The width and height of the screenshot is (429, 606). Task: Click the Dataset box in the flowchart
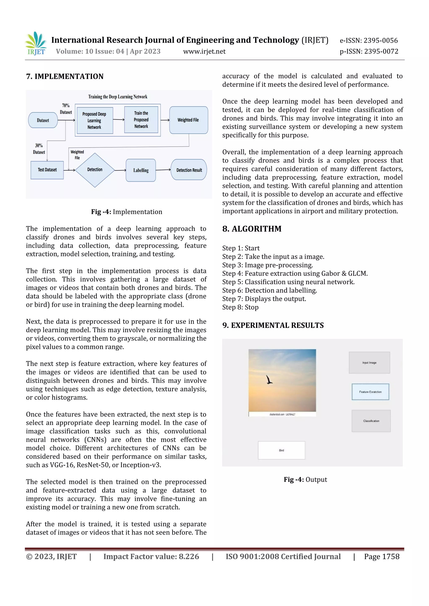(x=43, y=120)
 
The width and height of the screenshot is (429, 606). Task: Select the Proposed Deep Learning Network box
(x=94, y=120)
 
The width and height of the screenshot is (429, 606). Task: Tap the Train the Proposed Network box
(x=141, y=120)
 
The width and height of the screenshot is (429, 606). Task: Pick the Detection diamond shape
(x=95, y=170)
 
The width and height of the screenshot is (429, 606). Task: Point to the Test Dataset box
(x=47, y=170)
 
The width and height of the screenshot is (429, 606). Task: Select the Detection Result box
(x=189, y=170)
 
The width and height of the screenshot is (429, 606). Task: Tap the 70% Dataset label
(x=66, y=109)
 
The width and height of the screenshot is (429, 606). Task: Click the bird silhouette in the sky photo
(x=269, y=380)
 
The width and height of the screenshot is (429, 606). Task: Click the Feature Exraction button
(x=370, y=392)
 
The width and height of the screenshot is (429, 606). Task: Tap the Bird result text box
(x=281, y=450)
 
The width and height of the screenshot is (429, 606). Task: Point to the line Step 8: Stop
(x=240, y=307)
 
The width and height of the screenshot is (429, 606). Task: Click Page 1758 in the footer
(x=381, y=556)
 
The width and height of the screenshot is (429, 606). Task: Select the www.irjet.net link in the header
(x=204, y=51)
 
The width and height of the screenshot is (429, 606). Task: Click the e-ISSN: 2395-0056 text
(x=368, y=40)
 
